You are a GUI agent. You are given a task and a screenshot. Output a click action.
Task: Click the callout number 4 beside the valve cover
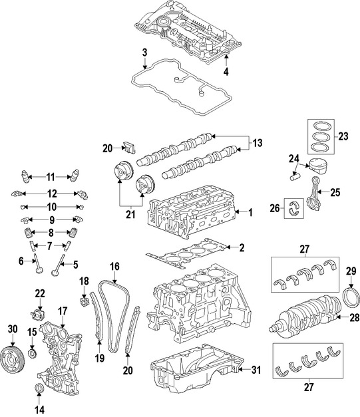pos(226,72)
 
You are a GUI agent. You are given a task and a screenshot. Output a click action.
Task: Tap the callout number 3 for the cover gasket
pos(144,53)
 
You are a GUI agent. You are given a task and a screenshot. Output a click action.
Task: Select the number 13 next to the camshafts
pos(258,142)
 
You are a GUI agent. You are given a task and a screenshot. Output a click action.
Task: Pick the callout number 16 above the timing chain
pos(114,267)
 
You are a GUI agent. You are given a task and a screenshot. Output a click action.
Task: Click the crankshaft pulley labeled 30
pos(11,354)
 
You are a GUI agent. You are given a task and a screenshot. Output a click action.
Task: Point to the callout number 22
pos(40,293)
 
